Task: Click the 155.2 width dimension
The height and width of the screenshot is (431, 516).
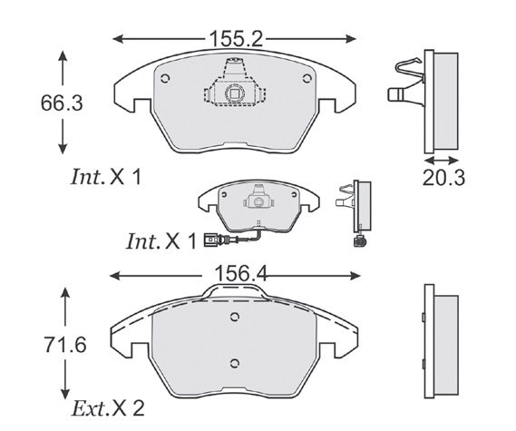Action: (236, 39)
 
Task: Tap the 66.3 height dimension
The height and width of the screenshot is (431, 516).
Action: (62, 103)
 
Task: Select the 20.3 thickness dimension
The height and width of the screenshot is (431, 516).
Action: (443, 178)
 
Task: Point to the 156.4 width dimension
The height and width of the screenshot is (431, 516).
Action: (240, 274)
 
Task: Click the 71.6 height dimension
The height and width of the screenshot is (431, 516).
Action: (65, 345)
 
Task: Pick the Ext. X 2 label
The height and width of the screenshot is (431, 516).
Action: (108, 408)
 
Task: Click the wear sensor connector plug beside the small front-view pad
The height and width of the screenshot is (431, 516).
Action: (210, 240)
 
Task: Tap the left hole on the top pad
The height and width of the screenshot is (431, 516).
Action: (165, 79)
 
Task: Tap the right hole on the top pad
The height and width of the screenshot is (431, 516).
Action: (307, 78)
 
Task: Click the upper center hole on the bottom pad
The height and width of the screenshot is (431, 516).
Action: (234, 317)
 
